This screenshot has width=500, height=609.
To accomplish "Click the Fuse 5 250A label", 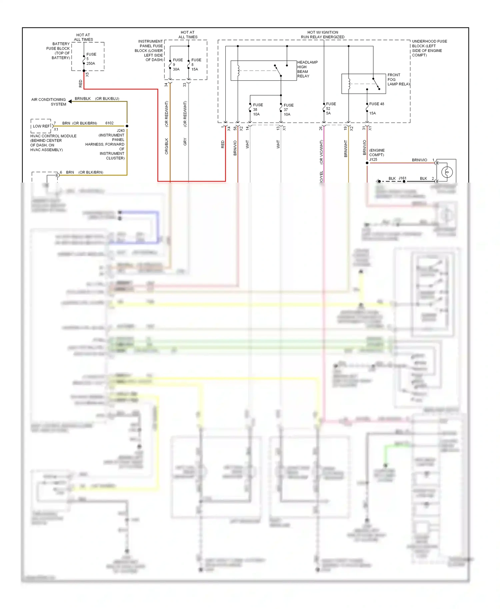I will (91, 59).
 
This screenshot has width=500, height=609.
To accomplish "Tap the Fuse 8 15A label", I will (196, 65).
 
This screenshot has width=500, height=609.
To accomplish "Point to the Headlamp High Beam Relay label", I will (307, 69).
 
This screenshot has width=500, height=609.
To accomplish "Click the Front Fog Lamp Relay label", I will (398, 80).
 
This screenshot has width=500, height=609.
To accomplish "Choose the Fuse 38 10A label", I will (257, 110).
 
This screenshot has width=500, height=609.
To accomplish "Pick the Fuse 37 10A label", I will (288, 110).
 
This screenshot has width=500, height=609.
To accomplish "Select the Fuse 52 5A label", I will (330, 109).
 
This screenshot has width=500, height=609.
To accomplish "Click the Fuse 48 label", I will (376, 104).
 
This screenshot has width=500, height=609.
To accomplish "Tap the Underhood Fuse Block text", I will (429, 48).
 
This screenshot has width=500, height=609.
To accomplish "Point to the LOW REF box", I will (41, 126).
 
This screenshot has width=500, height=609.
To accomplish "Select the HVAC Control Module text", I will (53, 143).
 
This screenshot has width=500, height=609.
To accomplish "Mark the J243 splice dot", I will (127, 126).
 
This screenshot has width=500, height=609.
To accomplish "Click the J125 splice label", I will (373, 160).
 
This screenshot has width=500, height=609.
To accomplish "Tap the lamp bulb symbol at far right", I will (447, 172).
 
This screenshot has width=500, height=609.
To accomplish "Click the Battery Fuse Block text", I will (59, 51).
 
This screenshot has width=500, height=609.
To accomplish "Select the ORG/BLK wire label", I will (167, 146).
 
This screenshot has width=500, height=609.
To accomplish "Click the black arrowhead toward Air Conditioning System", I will (70, 101).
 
